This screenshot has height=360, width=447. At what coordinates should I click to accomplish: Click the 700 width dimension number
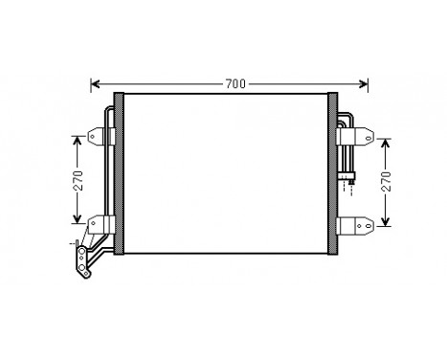click(235, 83)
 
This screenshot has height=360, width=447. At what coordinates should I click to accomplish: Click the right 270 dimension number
click(385, 182)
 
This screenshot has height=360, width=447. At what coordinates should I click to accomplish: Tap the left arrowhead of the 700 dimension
click(94, 83)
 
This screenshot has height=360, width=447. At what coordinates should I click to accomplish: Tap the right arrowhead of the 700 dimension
click(364, 83)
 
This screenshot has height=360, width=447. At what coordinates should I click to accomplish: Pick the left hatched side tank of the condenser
click(119, 173)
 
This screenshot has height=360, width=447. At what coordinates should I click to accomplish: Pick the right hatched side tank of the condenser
click(333, 173)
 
